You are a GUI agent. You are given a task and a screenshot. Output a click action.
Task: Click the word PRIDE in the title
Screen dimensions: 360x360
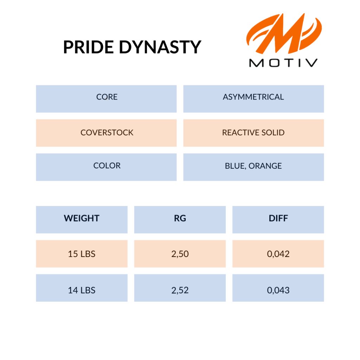coord(88,47)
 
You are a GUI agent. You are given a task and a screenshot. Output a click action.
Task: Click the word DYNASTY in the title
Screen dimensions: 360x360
coord(160,47)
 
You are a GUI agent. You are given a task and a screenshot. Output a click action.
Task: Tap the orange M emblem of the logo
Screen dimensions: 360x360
coord(284,33)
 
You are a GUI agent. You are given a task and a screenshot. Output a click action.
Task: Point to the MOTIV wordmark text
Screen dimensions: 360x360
coord(283,63)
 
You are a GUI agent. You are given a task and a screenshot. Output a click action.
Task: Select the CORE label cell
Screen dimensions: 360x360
coord(106,99)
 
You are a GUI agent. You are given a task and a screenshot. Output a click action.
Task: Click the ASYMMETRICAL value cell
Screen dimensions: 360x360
coord(253,99)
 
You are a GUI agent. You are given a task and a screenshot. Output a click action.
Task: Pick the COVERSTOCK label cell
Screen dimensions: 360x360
coord(106,133)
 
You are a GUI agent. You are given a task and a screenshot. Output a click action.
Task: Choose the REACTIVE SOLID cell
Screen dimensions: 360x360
coord(253,133)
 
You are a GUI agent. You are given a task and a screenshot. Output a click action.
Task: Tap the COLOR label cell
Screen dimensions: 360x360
coord(106,167)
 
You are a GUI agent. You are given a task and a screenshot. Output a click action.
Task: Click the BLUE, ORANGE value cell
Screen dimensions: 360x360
coord(253,167)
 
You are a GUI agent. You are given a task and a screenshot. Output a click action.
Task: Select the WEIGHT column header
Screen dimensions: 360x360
coord(82,220)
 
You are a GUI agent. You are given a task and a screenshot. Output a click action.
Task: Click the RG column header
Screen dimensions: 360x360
coord(180,220)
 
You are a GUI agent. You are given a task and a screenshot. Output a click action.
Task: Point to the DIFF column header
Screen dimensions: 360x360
coord(278,220)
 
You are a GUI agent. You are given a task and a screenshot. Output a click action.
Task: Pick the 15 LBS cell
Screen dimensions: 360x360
coord(82,254)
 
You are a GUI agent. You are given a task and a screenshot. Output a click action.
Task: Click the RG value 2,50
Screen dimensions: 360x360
coord(180,254)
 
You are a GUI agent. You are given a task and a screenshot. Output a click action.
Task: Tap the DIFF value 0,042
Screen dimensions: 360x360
coord(278,254)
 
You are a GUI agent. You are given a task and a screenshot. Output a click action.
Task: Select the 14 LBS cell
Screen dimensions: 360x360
coord(82,288)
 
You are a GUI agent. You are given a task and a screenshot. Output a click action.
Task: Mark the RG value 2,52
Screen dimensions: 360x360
coord(180,288)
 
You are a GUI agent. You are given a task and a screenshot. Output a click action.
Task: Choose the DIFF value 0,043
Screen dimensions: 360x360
coord(278,288)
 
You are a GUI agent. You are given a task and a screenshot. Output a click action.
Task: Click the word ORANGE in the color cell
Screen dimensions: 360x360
coord(265,166)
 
